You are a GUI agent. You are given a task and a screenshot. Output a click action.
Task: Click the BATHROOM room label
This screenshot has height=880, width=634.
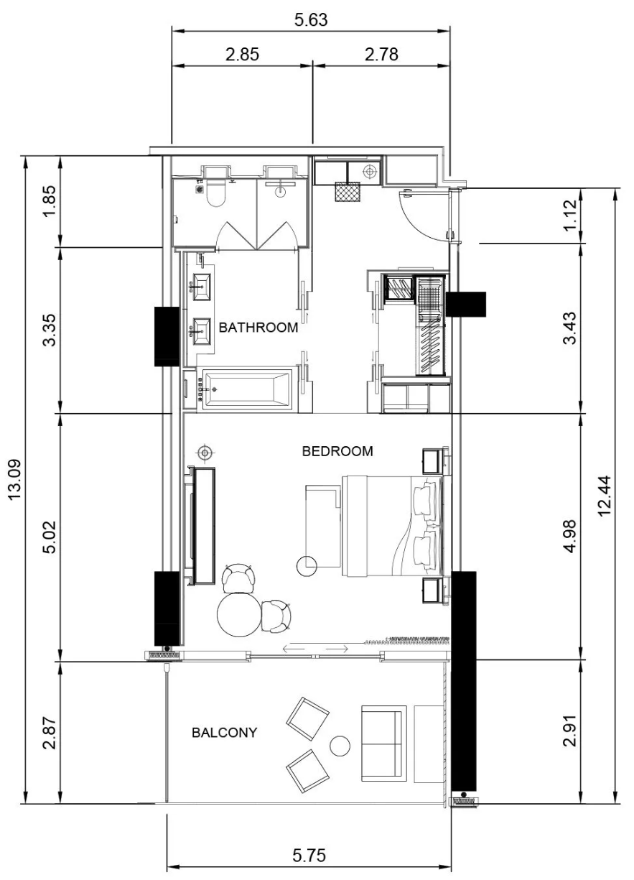pyautogui.click(x=258, y=328)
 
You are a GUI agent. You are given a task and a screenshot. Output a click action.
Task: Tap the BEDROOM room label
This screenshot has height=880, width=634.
pyautogui.click(x=337, y=451)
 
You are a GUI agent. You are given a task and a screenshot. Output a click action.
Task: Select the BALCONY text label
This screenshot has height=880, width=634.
pyautogui.click(x=224, y=733)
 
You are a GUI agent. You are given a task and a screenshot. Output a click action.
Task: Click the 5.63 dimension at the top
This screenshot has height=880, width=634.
pyautogui.click(x=311, y=19)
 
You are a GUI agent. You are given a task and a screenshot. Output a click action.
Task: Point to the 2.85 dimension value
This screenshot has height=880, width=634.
pyautogui.click(x=242, y=54)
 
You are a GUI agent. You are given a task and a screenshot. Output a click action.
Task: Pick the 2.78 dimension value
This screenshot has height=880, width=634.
pyautogui.click(x=381, y=54)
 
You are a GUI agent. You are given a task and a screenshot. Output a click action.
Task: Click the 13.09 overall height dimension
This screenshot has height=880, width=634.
pyautogui.click(x=15, y=480)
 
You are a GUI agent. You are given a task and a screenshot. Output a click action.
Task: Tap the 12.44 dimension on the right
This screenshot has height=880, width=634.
pyautogui.click(x=605, y=496)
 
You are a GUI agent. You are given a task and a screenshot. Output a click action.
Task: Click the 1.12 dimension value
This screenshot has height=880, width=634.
pyautogui.click(x=569, y=216)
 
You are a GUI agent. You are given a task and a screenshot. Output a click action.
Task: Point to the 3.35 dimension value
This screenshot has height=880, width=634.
pyautogui.click(x=50, y=329)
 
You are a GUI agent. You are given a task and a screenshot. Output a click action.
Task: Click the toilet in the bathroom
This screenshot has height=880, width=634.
pyautogui.click(x=216, y=192)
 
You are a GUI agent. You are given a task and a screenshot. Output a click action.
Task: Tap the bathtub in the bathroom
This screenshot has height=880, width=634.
pyautogui.click(x=247, y=389)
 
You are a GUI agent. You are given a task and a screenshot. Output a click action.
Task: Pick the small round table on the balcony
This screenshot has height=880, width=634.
pyautogui.click(x=340, y=746)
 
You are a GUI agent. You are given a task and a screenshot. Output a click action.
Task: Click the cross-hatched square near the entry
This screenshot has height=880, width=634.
pyautogui.click(x=348, y=192)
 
